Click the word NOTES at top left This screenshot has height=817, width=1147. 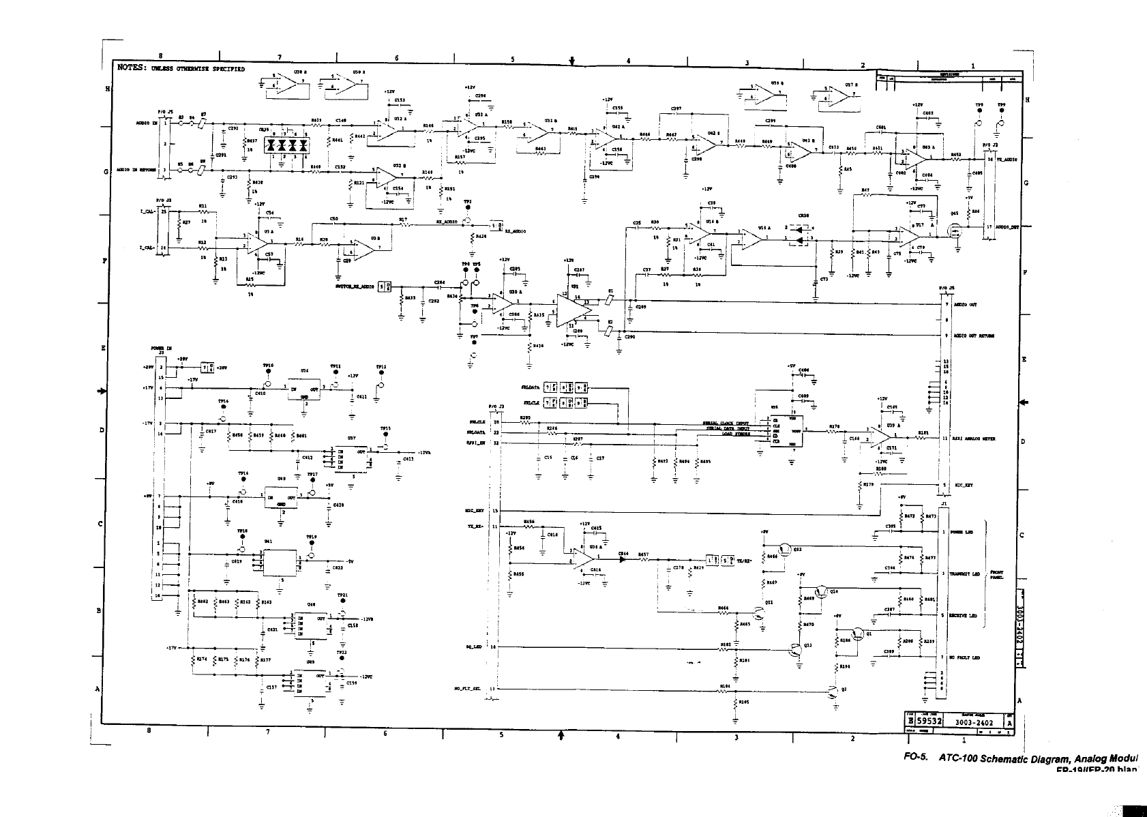(x=132, y=68)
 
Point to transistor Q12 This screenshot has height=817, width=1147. (x=786, y=548)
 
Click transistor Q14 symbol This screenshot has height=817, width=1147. (x=823, y=591)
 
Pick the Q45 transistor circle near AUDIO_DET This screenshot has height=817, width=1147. (x=955, y=231)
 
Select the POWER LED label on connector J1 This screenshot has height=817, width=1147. (x=961, y=532)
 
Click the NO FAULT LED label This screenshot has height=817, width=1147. (x=964, y=658)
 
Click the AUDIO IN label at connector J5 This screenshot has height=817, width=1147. (x=147, y=123)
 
